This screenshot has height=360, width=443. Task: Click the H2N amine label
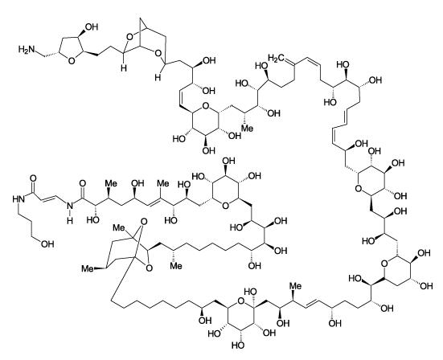click(27, 49)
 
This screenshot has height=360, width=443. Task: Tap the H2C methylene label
click(276, 59)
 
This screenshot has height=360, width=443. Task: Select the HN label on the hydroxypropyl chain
click(18, 199)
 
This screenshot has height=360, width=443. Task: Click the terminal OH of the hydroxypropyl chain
click(47, 244)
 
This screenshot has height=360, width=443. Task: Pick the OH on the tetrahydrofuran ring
click(92, 27)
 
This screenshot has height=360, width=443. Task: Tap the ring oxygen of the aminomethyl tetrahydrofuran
click(72, 61)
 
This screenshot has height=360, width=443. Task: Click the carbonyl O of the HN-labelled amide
click(33, 178)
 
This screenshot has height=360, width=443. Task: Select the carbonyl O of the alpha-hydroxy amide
click(82, 183)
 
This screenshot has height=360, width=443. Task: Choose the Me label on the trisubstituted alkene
click(163, 183)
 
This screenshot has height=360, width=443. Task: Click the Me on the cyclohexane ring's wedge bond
click(88, 268)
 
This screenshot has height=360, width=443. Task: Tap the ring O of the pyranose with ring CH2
click(384, 264)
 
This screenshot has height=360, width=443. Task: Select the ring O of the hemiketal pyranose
click(240, 301)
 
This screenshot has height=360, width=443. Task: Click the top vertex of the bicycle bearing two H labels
click(141, 19)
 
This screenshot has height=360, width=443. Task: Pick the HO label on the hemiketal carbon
click(250, 292)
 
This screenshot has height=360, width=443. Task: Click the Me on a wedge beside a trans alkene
click(295, 286)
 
